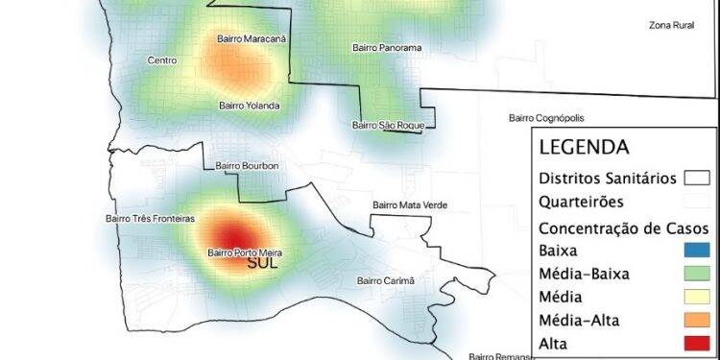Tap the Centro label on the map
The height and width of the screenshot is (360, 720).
pos(161,60)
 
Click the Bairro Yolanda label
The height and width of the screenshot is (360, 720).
pos(249,106)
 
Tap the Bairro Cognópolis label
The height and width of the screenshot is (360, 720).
pos(546,118)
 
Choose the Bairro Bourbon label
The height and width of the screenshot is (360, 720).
pos(247,165)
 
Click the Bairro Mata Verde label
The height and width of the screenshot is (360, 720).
pos(410,204)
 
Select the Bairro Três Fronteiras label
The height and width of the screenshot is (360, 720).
pos(150,218)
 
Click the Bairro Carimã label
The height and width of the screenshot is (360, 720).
pos(385,280)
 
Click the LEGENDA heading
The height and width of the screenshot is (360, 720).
pos(584,148)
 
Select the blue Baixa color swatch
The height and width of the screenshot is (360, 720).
pos(695,252)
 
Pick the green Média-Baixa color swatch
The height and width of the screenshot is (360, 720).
pos(695,274)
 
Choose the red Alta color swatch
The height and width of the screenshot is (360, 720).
pos(695,342)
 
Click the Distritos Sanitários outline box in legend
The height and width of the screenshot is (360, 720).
pos(696,179)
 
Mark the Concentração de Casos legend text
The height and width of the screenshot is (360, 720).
pos(624,228)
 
